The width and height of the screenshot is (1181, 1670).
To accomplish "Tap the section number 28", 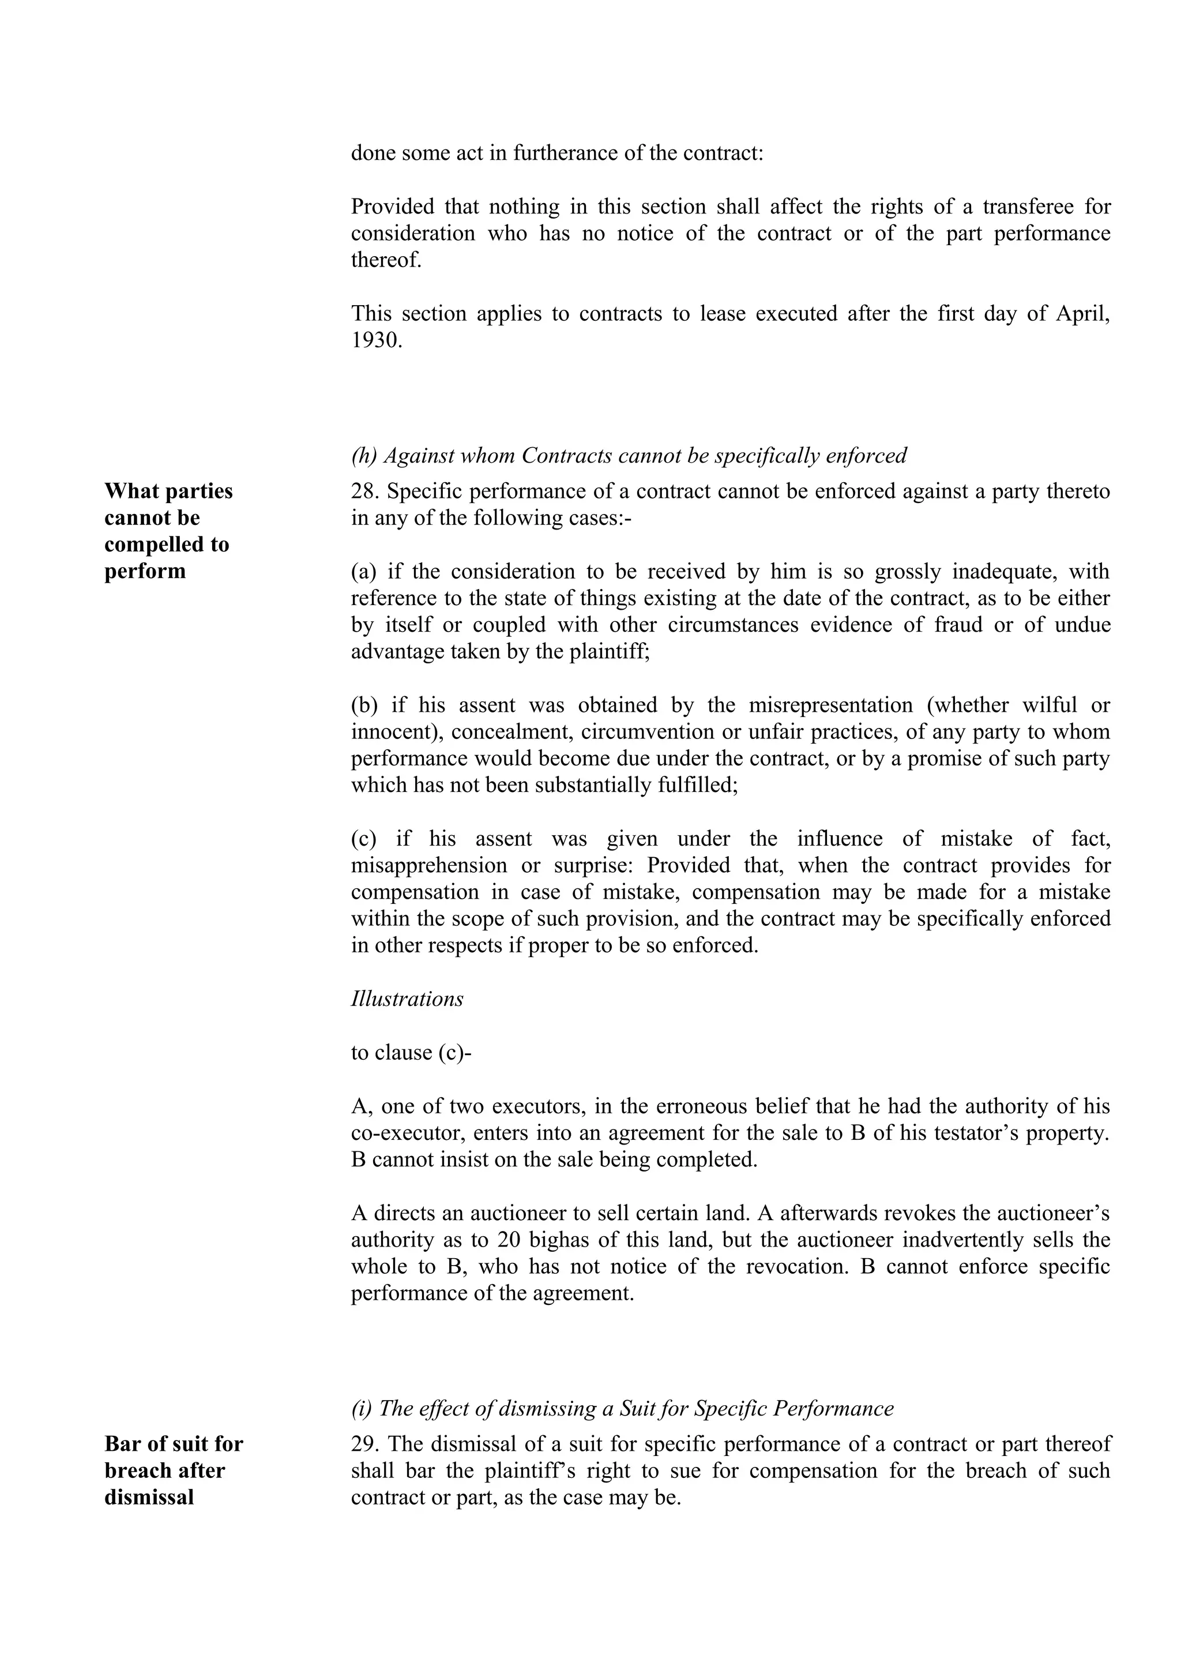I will pos(363,491).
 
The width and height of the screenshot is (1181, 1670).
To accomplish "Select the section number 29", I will pos(363,1444).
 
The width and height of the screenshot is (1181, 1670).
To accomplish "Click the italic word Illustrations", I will pos(407,999).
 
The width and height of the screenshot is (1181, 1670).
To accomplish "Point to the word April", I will pos(1081,313).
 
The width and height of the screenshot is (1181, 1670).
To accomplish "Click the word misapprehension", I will pos(429,865).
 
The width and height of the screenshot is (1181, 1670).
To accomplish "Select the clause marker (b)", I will pos(364,705).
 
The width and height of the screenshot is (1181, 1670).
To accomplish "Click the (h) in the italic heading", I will pos(363,456).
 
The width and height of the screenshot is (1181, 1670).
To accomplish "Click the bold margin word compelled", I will pos(167,545).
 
